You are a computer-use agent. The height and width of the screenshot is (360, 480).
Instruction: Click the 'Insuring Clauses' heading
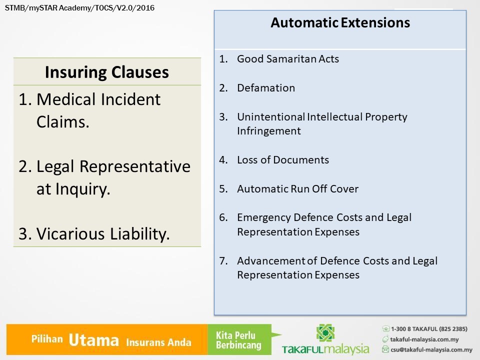(107, 72)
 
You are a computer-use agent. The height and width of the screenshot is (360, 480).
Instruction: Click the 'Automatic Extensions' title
(340, 22)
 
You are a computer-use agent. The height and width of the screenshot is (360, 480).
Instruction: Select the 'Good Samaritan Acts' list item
(288, 59)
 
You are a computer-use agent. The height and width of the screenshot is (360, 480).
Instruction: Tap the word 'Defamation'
(265, 88)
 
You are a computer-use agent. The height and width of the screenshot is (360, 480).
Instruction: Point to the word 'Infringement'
(269, 131)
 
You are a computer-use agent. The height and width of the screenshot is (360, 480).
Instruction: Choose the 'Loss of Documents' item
(283, 160)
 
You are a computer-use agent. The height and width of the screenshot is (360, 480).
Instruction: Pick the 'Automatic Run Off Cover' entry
(297, 189)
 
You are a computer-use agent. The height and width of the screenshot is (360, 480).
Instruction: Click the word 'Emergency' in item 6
(264, 217)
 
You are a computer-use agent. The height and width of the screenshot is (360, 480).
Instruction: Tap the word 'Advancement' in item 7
(271, 261)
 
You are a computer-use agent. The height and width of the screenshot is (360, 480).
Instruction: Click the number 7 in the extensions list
(223, 261)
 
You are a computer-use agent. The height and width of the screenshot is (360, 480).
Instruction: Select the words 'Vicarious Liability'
(103, 234)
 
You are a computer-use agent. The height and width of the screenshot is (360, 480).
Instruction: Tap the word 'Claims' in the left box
(63, 122)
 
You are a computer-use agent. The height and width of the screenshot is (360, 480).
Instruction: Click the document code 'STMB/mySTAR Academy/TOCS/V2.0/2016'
(79, 8)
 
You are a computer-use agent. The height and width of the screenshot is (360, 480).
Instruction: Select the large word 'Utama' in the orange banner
(93, 340)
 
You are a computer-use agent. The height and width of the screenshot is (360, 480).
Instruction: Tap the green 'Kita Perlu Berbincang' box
(239, 339)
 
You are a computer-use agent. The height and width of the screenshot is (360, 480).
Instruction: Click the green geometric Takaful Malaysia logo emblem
(325, 333)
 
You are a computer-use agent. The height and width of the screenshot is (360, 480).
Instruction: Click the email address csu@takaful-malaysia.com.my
(431, 349)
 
